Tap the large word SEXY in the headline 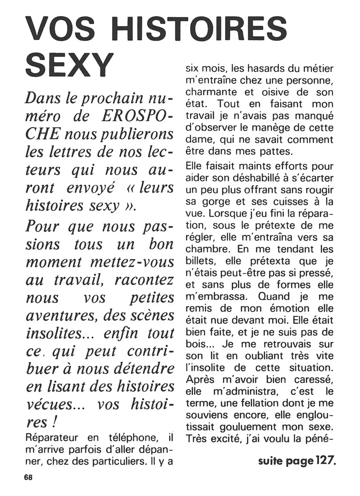coord(69,65)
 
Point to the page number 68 coord(28,477)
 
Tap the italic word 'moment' coord(53,262)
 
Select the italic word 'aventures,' coord(62,316)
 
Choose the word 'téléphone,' coord(132,438)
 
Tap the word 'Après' coord(200,379)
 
